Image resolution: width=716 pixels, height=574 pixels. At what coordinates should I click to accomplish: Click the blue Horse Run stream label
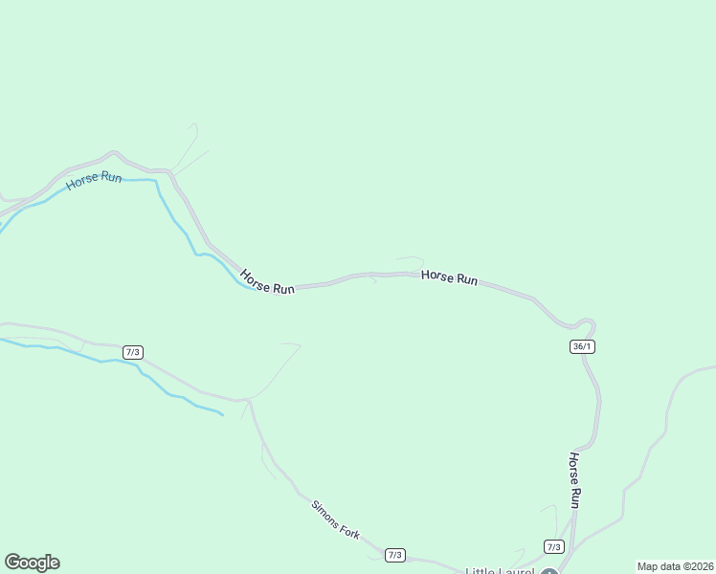coord(94,180)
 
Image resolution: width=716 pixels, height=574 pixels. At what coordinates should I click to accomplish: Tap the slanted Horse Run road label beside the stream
coord(267,281)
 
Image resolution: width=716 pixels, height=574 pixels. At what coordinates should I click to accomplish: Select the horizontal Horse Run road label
coord(449,277)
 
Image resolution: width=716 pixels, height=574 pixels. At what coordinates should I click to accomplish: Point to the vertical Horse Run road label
coord(575,479)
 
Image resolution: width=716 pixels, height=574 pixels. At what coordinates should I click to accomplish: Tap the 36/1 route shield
coord(582,346)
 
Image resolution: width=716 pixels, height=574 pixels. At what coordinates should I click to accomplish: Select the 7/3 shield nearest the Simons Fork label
coord(395,555)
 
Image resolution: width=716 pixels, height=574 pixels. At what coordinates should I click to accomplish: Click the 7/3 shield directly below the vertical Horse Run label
coord(553,546)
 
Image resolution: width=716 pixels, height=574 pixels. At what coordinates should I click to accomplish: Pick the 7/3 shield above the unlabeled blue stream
coord(133,353)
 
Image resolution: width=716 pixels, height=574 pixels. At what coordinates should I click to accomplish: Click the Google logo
coord(32,563)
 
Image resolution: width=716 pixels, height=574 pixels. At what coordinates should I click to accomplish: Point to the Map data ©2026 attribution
coord(675,566)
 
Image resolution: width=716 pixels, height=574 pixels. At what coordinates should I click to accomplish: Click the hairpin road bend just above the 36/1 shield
coord(586,321)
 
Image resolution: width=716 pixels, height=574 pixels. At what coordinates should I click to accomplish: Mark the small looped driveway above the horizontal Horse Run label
coord(413,259)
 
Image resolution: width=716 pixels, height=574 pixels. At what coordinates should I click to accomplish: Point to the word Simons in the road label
coord(324,510)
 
